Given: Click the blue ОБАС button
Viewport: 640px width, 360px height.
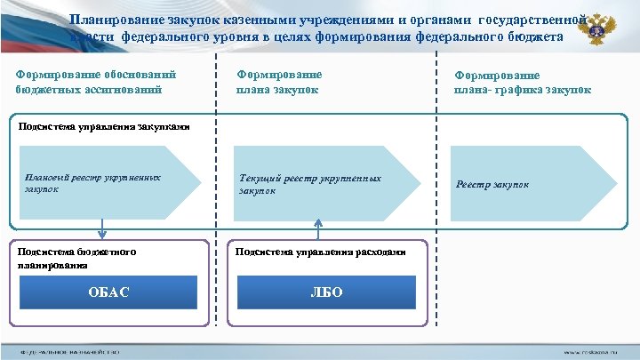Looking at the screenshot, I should (108, 292).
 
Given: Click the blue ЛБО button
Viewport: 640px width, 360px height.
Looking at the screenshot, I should (326, 292).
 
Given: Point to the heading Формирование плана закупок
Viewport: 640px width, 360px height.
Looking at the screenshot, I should (279, 82).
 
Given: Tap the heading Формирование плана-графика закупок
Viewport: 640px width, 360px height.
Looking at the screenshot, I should (523, 83).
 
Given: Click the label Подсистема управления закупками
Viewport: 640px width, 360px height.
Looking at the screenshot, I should (104, 126).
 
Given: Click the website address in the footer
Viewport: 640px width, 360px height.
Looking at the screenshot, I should (597, 352).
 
